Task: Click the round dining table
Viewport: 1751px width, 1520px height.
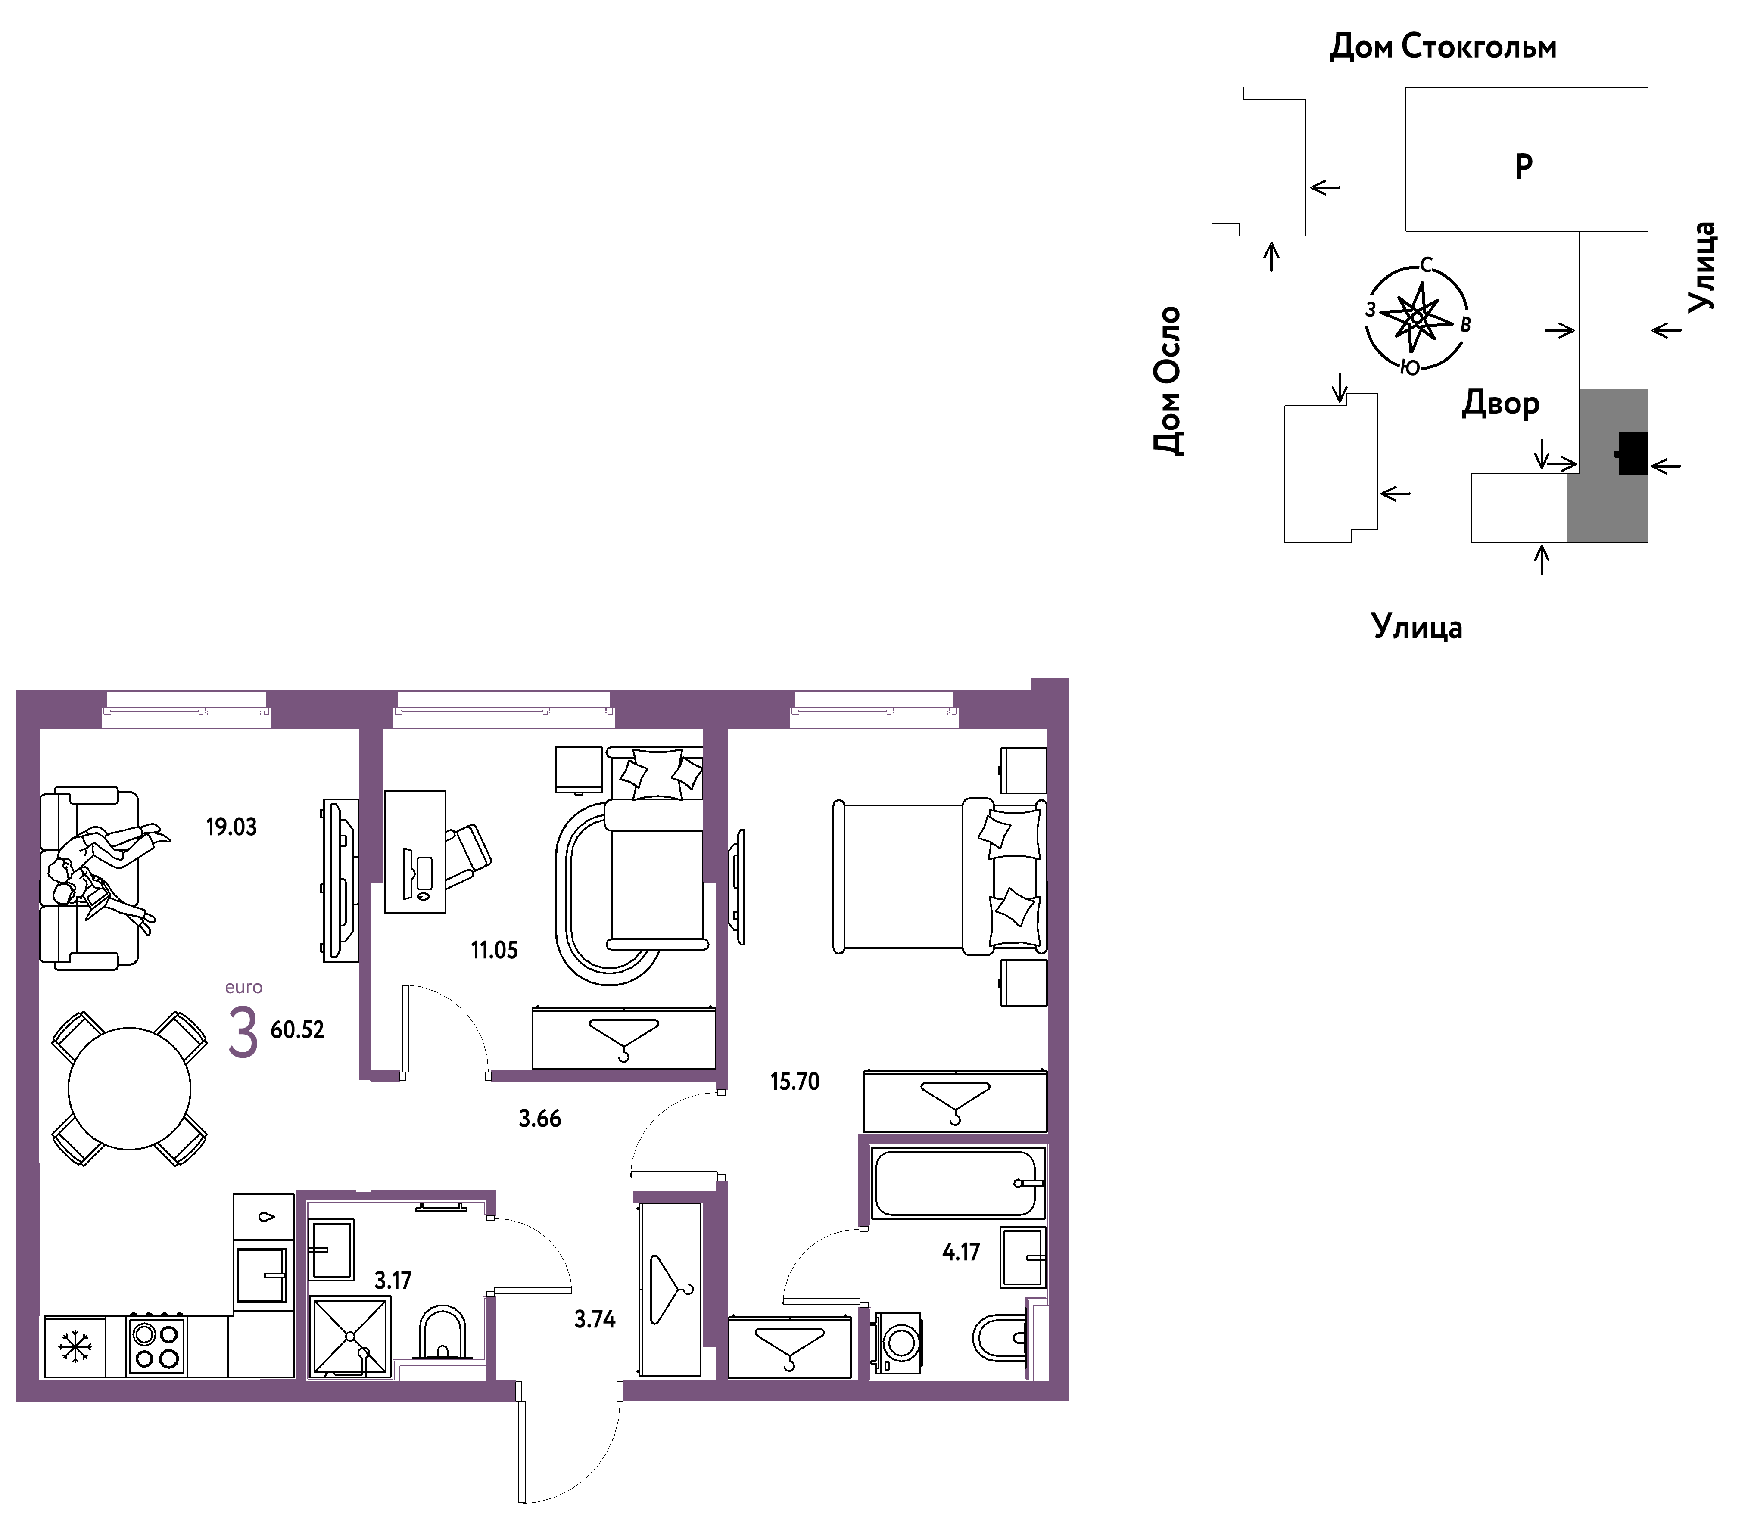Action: (x=130, y=1089)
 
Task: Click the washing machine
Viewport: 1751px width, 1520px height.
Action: (x=897, y=1343)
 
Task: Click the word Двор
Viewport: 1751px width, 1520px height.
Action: (x=1500, y=404)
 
